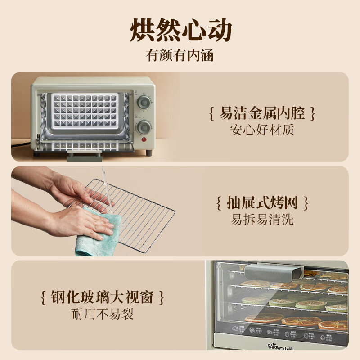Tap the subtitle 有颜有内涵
tap(180, 56)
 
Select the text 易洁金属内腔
tap(262, 113)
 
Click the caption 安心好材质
tap(262, 130)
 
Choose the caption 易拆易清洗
tap(262, 220)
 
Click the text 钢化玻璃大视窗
tap(102, 297)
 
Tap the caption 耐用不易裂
tap(102, 314)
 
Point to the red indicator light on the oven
tap(145, 139)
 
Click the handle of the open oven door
tap(84, 156)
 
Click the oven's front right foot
tap(149, 153)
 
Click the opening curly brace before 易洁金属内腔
tap(211, 113)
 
